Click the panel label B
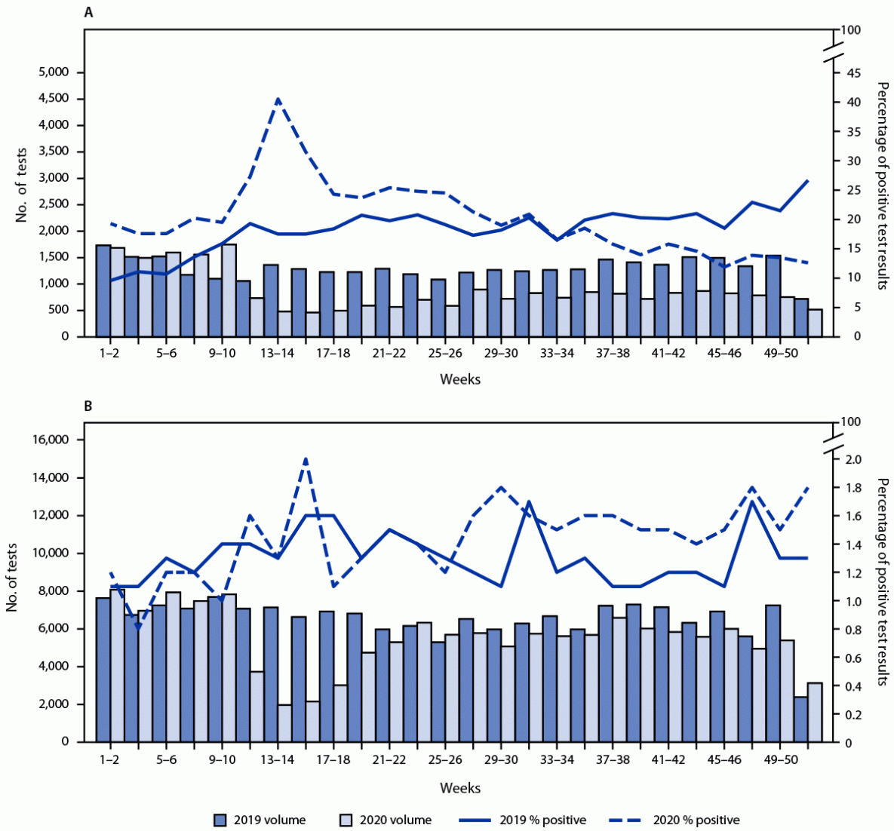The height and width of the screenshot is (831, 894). coord(89,406)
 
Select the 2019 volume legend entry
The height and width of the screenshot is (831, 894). coord(260,820)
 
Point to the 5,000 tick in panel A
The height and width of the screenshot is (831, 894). coord(54,72)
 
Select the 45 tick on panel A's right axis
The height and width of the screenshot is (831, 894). coord(854,73)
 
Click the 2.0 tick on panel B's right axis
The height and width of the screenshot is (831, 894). coord(855,459)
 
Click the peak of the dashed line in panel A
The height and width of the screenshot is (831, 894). coord(278,99)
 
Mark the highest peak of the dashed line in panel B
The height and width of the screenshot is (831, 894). coord(306,458)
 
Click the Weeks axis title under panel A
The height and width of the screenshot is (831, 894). coord(460,379)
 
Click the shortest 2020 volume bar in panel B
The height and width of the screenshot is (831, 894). coord(284,723)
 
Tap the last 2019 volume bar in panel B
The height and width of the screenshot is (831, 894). coord(800,719)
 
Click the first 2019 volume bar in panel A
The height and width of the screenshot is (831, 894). coord(103,290)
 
